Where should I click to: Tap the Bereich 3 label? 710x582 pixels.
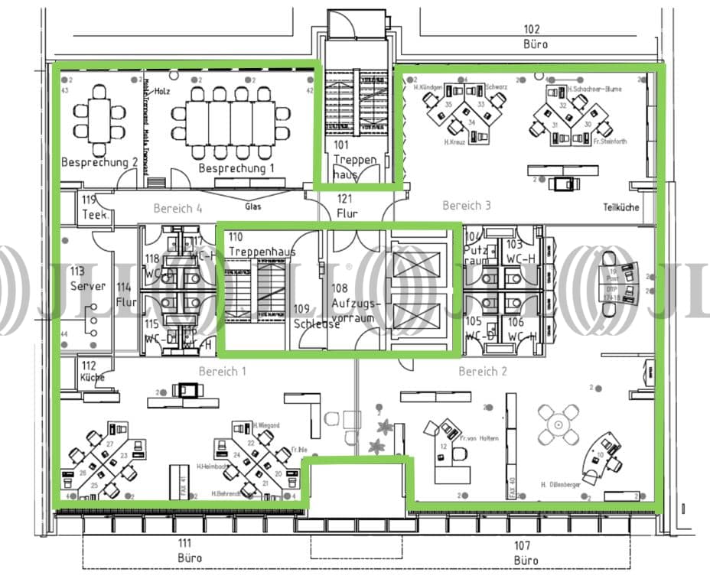(466, 205)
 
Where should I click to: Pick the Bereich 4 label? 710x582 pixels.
(177, 208)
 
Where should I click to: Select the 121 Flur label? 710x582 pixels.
(347, 206)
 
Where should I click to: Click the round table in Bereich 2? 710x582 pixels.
(559, 423)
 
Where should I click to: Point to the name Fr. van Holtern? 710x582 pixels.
(480, 438)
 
